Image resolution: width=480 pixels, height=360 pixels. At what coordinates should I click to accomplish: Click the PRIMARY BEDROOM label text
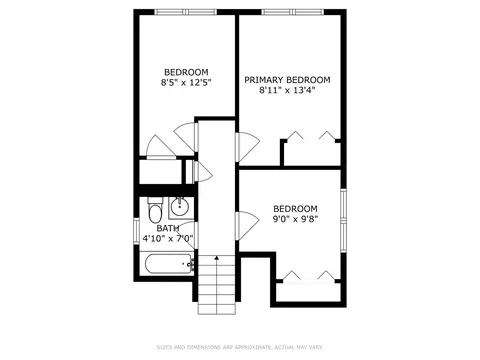(x=287, y=80)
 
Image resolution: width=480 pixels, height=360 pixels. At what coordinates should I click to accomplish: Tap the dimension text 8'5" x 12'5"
(x=186, y=83)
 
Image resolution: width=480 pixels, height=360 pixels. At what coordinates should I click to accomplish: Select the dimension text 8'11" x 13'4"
(x=287, y=90)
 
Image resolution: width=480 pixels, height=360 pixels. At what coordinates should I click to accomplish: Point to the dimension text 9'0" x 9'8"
(x=295, y=219)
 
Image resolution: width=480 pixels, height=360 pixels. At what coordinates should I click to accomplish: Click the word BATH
(x=168, y=228)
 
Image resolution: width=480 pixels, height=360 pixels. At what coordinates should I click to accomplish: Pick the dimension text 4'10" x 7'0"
(x=168, y=239)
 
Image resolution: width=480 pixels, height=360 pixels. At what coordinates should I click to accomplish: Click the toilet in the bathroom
(x=155, y=211)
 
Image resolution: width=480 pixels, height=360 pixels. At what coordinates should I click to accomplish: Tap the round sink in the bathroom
(x=180, y=207)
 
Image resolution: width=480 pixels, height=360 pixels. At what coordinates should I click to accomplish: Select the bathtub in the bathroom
(x=168, y=264)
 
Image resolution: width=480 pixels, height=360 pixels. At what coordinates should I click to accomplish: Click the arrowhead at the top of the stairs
(x=217, y=258)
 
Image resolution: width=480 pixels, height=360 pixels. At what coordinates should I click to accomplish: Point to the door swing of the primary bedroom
(x=247, y=147)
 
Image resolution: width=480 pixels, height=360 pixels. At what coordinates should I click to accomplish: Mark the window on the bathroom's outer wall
(x=136, y=230)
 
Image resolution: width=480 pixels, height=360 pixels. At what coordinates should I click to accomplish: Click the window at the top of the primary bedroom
(x=293, y=12)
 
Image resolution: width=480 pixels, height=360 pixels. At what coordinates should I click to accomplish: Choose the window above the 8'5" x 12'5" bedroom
(x=186, y=12)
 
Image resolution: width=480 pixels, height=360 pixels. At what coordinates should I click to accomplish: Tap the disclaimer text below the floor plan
(x=240, y=348)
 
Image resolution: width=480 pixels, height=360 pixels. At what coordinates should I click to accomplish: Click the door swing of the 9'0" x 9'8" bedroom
(x=247, y=225)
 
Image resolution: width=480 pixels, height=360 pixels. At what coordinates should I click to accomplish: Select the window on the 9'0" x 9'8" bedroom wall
(x=344, y=220)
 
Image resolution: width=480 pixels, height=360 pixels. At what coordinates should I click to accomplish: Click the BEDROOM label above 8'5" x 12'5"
(x=186, y=72)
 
